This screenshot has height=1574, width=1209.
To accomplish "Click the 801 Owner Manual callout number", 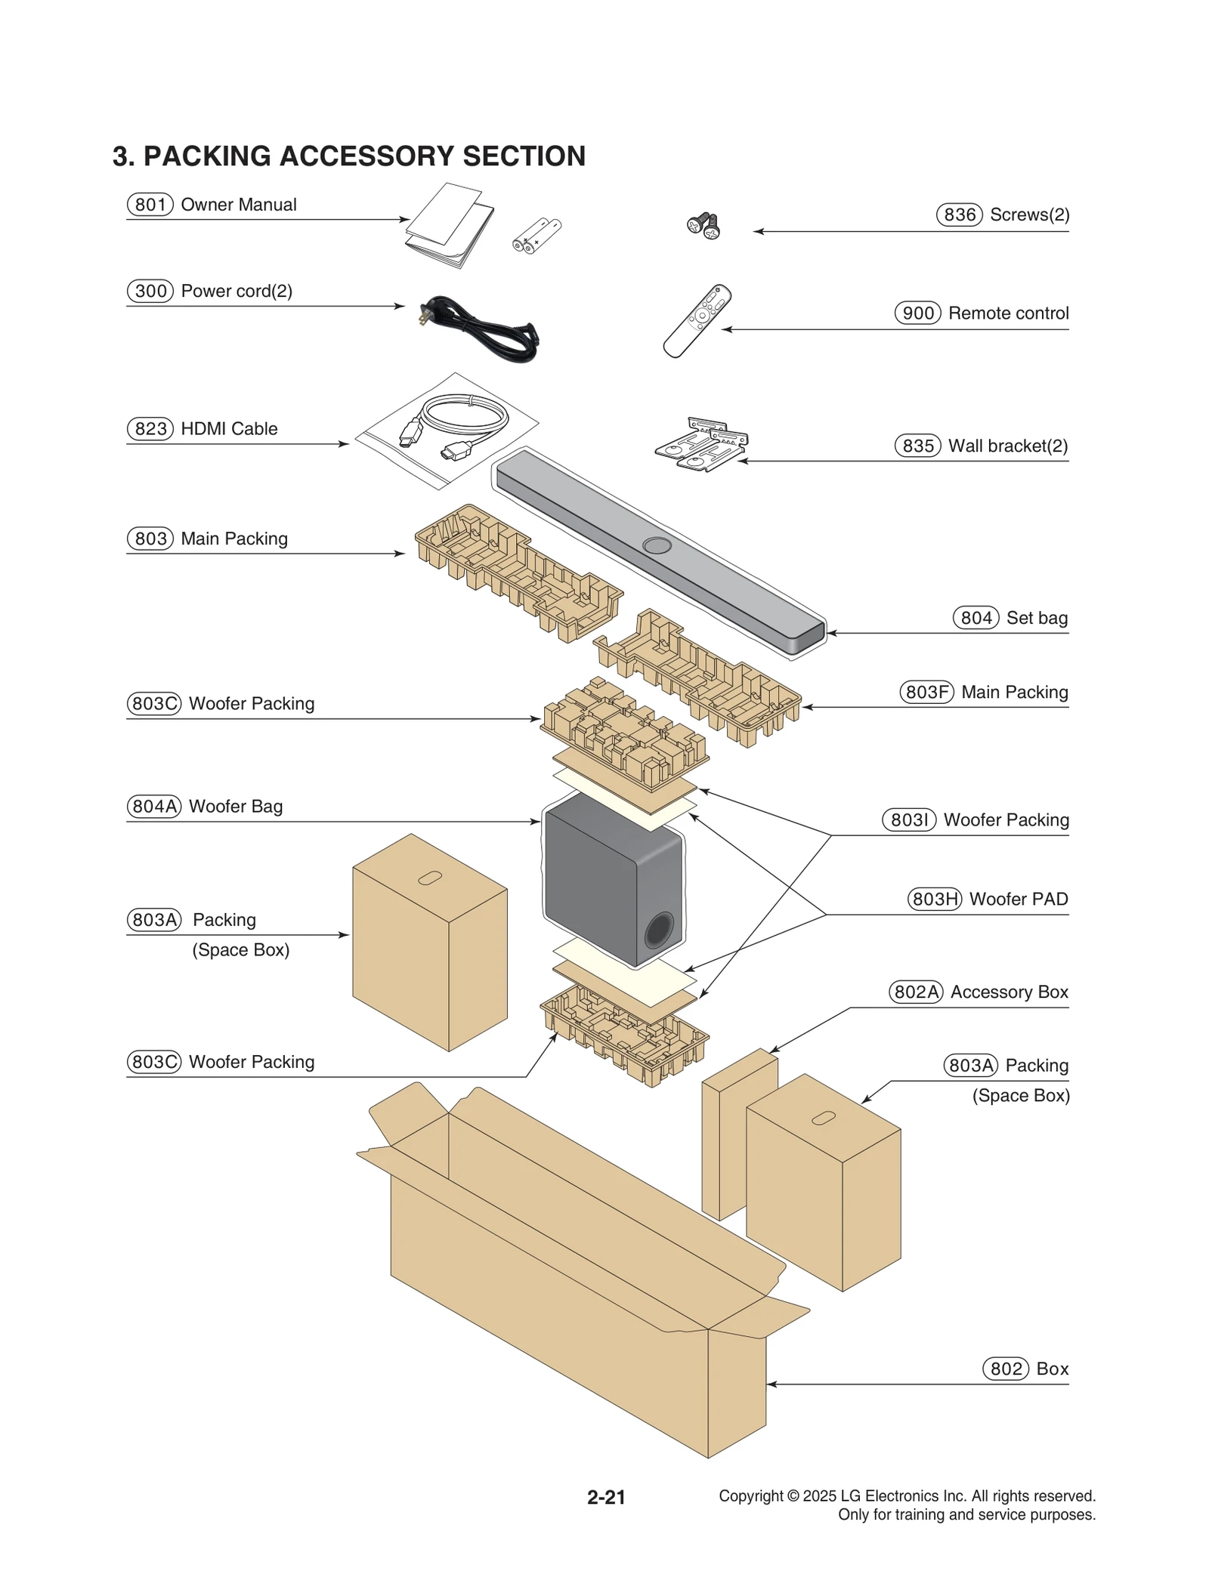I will coord(150,205).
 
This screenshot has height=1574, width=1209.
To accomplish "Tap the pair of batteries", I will coord(536,236).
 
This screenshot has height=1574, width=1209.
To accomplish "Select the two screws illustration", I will coord(703,225).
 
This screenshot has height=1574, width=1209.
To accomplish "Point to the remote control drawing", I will coord(697,321).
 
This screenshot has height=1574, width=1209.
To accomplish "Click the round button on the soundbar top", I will coord(657,545).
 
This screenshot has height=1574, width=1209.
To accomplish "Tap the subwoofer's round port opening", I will coord(657,931).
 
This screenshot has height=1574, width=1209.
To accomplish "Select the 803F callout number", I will coord(926,692).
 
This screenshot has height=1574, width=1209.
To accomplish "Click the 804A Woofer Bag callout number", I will coord(154,807).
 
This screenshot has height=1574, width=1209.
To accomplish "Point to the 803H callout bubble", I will coord(934,899).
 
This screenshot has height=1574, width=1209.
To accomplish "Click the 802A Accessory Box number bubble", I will coord(916,992).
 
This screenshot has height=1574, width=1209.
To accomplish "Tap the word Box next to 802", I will coord(1052,1369).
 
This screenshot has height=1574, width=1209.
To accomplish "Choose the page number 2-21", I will coord(606,1497).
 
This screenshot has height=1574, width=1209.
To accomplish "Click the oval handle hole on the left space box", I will coord(430,878).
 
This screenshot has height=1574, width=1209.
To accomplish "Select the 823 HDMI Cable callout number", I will coord(150,429).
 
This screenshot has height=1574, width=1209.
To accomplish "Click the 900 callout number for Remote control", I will coord(917,313).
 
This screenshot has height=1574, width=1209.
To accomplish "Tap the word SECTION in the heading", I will coord(524,156).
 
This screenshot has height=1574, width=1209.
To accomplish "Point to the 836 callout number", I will coord(959,214).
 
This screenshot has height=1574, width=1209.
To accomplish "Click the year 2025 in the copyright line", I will coord(819,1495).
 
